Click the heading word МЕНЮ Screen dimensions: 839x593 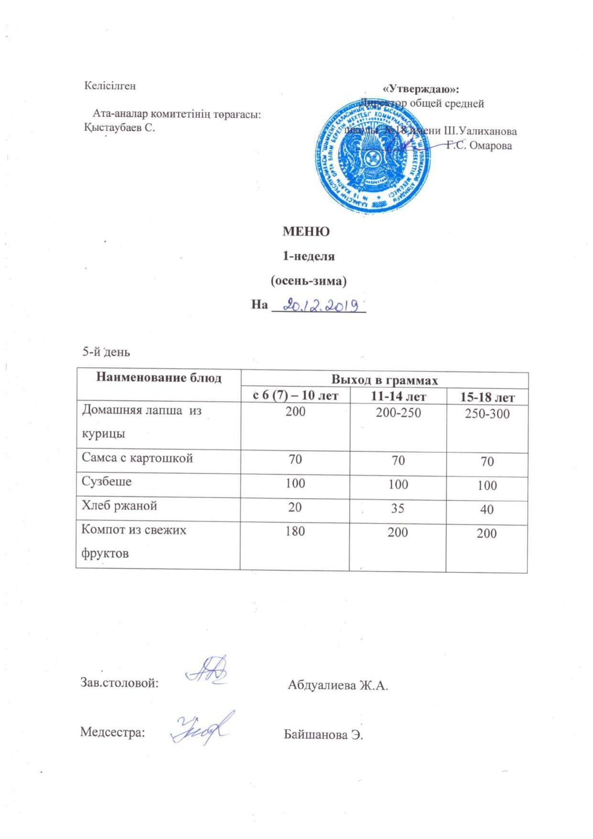click(306, 232)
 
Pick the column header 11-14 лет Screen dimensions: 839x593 click(398, 396)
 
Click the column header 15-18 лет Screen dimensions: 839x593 click(487, 398)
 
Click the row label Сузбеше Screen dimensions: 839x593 click(107, 482)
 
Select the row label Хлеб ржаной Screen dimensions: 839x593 click(120, 506)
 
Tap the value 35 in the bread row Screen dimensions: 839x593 click(398, 508)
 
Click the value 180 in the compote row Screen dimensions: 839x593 click(295, 531)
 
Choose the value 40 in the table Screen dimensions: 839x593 click(487, 510)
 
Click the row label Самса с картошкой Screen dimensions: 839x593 click(137, 458)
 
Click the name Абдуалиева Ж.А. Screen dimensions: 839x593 click(338, 686)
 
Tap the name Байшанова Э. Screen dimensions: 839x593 click(324, 734)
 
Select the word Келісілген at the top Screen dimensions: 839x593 click(110, 86)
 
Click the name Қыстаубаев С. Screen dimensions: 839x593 click(119, 128)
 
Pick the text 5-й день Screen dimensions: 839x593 click(106, 352)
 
